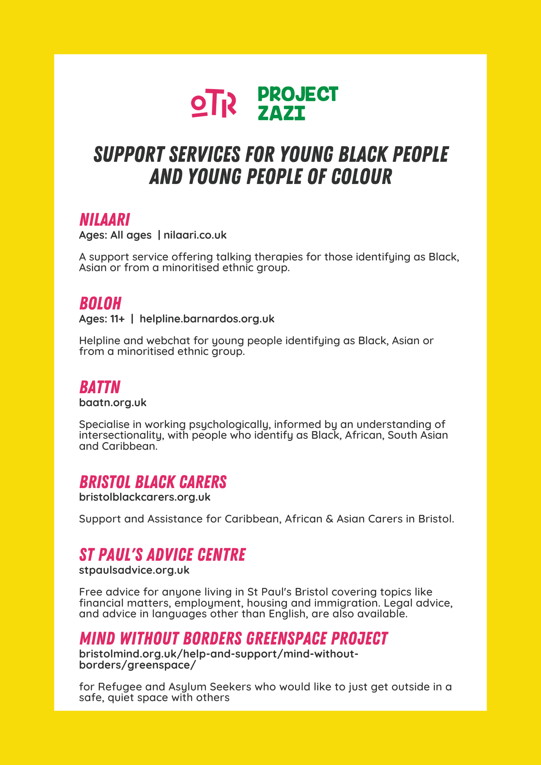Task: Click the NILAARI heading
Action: (104, 220)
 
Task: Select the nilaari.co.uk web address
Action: (195, 235)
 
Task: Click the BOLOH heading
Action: (100, 304)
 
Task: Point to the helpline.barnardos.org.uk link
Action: (207, 319)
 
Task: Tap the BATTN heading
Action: (100, 387)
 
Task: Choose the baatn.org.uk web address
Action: (113, 402)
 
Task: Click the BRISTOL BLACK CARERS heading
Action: (153, 482)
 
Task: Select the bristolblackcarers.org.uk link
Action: (145, 497)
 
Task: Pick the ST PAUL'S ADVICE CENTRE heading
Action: (162, 555)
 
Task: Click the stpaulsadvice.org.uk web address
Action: (134, 570)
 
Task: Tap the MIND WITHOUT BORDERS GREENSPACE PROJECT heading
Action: (233, 639)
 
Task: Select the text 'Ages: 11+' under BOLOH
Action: (102, 319)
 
